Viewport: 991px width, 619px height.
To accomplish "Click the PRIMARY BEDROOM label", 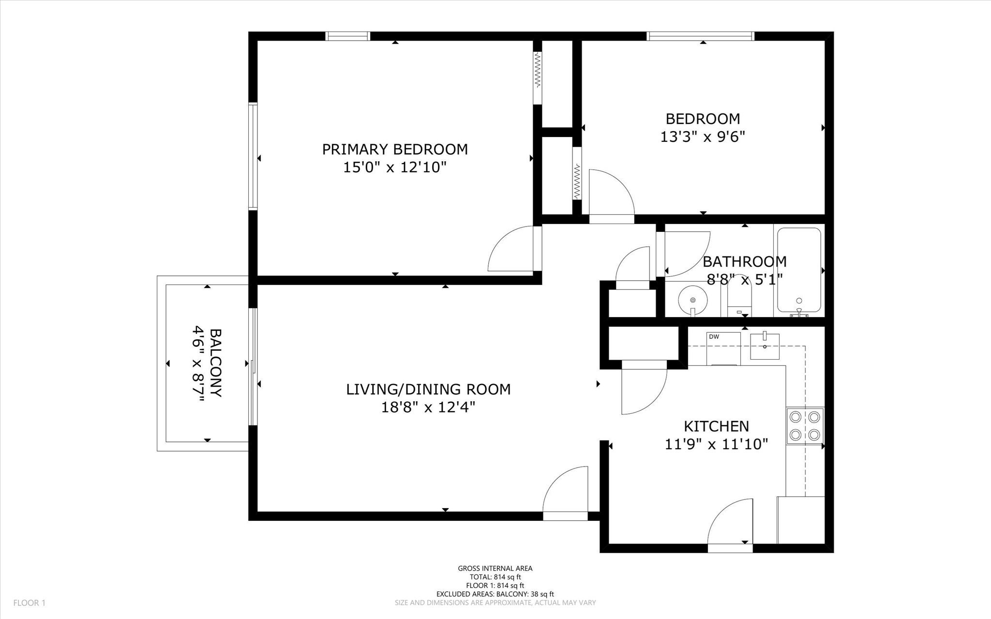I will pos(395,149).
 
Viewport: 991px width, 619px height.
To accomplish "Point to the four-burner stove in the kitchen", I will pos(804,426).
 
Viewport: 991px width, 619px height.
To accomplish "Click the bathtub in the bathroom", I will pos(799,270).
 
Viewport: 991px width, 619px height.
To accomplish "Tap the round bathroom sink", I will pos(692,301).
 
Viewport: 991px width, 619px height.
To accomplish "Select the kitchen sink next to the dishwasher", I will pos(765,346).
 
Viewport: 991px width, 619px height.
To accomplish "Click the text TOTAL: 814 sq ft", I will pos(495,577).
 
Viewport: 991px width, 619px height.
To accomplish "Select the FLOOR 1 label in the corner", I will pos(29,603).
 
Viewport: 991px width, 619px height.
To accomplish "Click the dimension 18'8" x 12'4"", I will pos(428,408).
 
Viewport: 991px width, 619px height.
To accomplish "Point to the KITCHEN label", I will pos(716,426).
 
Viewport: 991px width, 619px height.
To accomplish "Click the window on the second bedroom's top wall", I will pos(700,36).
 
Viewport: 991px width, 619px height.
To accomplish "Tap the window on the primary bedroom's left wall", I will pos(253,156).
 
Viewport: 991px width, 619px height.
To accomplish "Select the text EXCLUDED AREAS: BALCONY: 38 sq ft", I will pos(495,594).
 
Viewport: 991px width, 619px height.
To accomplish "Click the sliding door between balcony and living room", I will pos(253,366).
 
